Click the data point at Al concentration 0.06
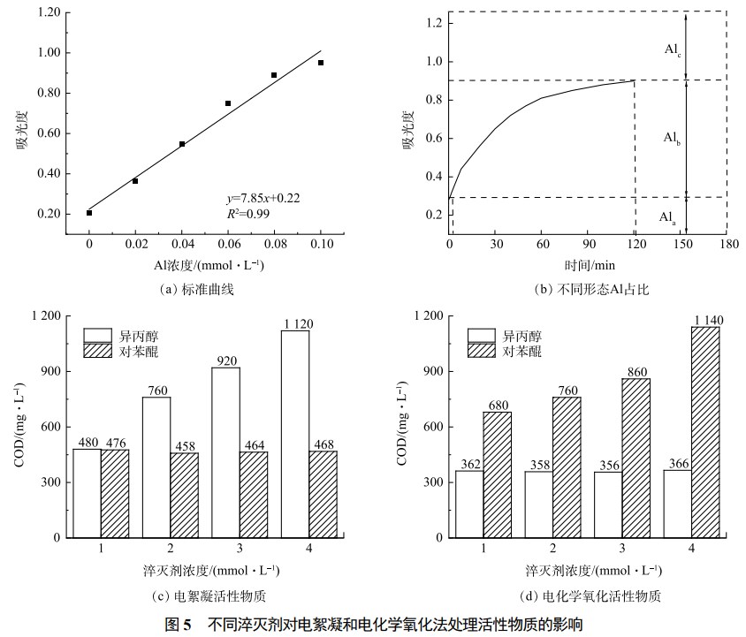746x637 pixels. [x=228, y=103]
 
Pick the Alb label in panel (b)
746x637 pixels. [x=673, y=138]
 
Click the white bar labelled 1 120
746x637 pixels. [x=295, y=433]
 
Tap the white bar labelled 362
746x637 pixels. [x=470, y=504]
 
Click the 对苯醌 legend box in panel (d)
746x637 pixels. [x=482, y=352]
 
